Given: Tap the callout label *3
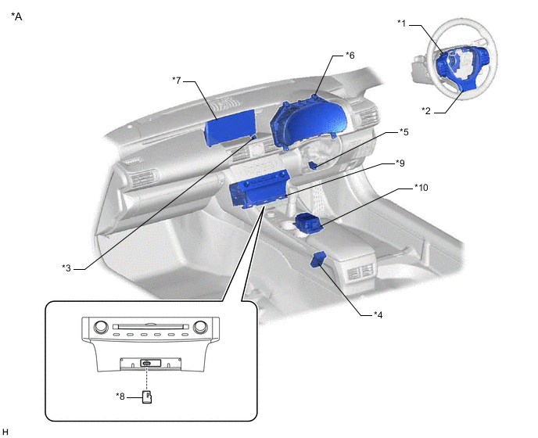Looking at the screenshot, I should (67, 267).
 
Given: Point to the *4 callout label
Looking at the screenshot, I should (378, 314).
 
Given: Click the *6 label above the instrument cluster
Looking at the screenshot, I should (350, 56).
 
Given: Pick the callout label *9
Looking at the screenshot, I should (400, 163).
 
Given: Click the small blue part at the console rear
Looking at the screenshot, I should (320, 259).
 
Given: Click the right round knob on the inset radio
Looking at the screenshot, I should (199, 327).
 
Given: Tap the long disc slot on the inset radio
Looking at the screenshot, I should (149, 327).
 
